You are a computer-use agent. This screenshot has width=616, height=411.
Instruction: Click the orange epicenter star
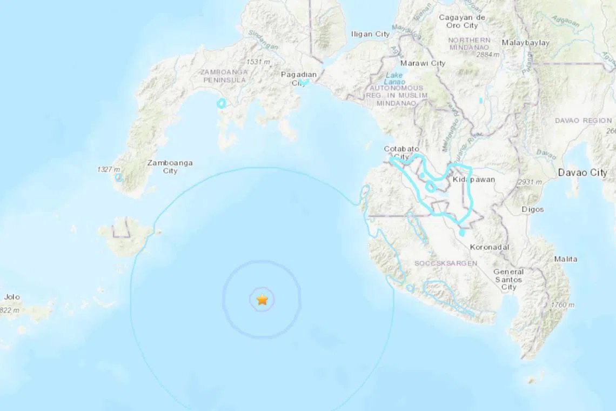click(262, 299)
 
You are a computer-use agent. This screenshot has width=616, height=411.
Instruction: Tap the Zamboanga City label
click(170, 167)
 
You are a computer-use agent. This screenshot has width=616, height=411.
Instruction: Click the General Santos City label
click(508, 280)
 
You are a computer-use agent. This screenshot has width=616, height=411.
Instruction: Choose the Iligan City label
click(370, 34)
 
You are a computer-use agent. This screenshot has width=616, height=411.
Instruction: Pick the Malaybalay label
click(525, 43)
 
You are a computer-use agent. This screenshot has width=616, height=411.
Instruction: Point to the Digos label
click(533, 209)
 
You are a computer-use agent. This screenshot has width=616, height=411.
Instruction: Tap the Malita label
click(565, 259)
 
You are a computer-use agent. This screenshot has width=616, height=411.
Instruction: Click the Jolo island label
click(11, 297)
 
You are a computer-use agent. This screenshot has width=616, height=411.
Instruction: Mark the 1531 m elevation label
click(258, 62)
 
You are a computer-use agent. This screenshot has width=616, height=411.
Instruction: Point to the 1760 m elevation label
click(563, 305)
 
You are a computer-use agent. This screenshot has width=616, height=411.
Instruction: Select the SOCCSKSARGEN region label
click(446, 263)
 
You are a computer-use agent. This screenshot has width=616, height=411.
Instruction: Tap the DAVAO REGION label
click(583, 121)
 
